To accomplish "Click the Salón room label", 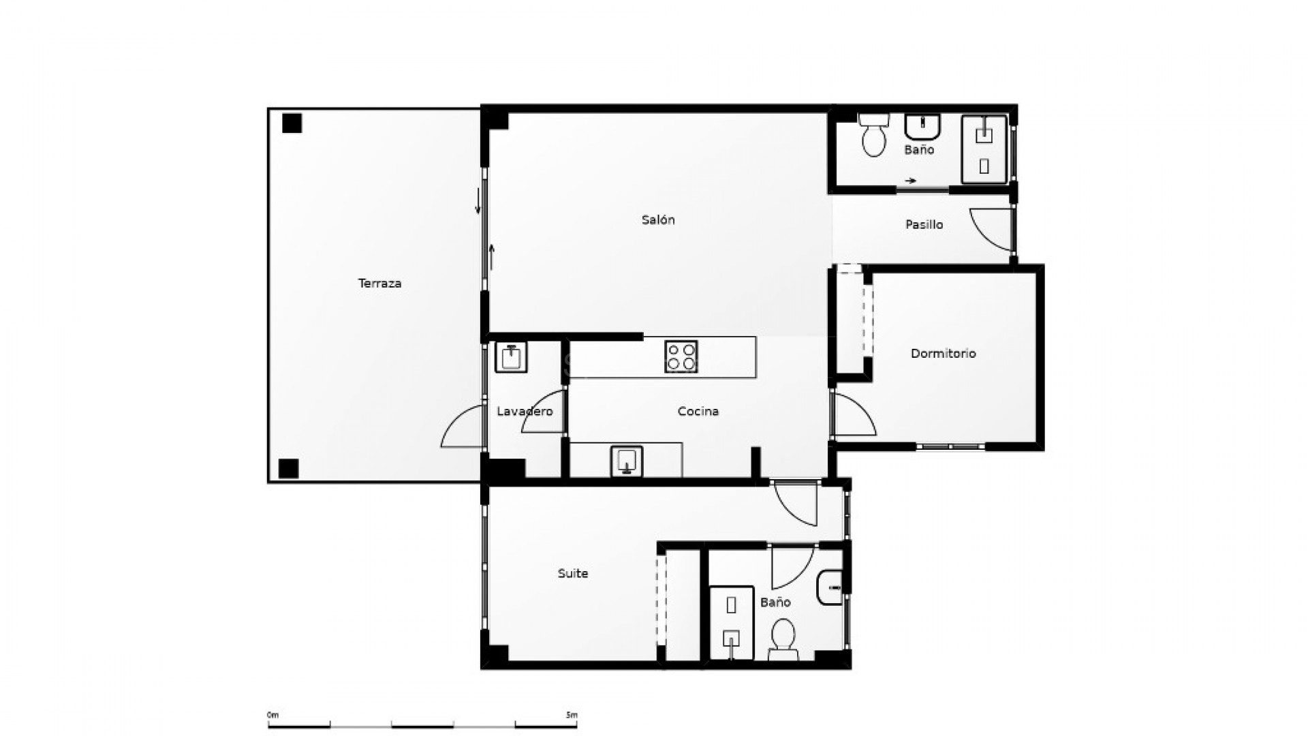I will [x=658, y=220].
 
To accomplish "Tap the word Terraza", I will [x=379, y=283].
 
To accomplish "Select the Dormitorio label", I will [x=943, y=354].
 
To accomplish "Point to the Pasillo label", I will [x=924, y=224].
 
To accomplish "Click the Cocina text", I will [x=698, y=412].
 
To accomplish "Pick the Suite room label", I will [x=572, y=574].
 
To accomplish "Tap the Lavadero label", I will [x=525, y=412].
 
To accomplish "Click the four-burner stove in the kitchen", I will [x=681, y=357].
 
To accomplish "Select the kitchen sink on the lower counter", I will [x=626, y=461].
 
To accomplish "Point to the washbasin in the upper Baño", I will [x=922, y=127].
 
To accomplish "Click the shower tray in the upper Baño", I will [x=984, y=149].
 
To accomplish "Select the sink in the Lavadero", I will [x=510, y=357].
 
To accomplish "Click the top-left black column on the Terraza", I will [x=292, y=123].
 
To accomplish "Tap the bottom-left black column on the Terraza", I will [x=289, y=469].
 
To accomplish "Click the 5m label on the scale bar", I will [x=572, y=715].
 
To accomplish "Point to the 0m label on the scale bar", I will [x=272, y=715].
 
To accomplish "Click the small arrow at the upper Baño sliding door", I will [x=911, y=181].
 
